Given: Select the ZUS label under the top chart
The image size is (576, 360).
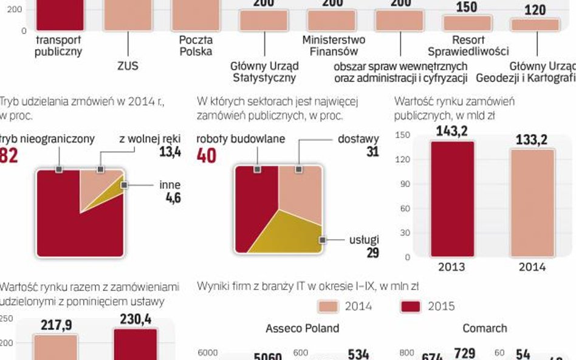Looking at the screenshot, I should point(128,66).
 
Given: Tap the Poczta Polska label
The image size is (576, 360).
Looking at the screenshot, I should point(196,46).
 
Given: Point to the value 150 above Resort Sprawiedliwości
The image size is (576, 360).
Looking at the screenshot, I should point(467,7).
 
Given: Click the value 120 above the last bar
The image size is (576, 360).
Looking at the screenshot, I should point(535,10).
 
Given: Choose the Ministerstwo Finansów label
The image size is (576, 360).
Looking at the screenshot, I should point(334,46).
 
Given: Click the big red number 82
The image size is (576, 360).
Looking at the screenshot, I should point(8,155).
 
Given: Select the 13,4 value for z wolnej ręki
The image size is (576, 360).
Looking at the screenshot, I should point(170,152).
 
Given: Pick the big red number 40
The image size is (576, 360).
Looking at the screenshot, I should point(207,155).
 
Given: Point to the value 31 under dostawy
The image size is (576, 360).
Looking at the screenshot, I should point(372,152).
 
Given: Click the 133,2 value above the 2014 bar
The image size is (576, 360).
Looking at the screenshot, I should point(532,140).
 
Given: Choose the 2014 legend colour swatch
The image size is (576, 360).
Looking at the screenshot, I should point(328,306).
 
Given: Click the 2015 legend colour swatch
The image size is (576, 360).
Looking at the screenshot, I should point(411,306).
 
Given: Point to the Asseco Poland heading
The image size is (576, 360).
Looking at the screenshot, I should point(302,328).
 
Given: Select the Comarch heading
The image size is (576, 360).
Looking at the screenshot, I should point(484,328).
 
